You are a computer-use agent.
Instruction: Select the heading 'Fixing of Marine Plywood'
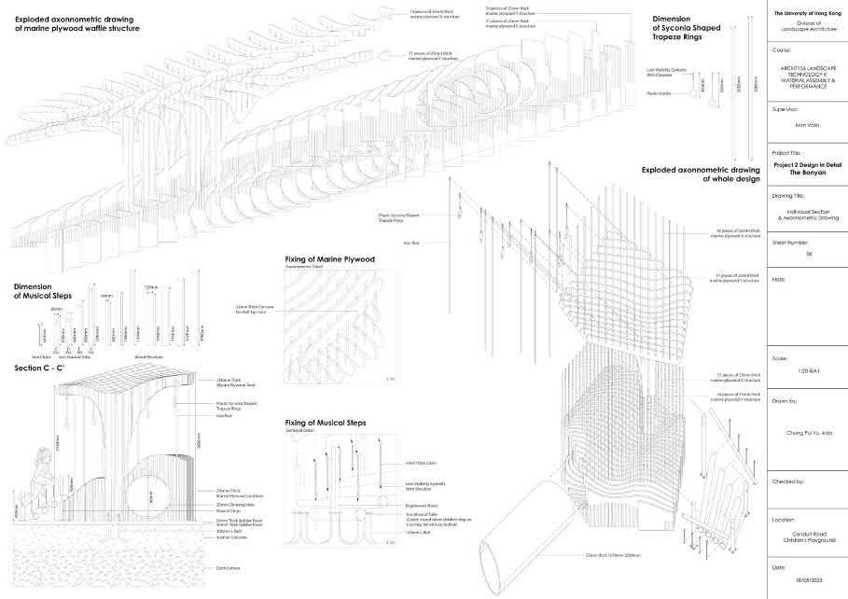pyautogui.click(x=329, y=258)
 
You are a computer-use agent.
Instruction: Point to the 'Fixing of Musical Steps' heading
pyautogui.click(x=326, y=423)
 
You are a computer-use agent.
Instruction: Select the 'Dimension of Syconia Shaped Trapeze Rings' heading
pyautogui.click(x=690, y=23)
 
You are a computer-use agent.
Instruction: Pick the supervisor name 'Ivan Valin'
pyautogui.click(x=806, y=125)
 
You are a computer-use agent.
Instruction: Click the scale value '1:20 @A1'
pyautogui.click(x=806, y=372)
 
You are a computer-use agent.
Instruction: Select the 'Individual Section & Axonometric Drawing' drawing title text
pyautogui.click(x=806, y=214)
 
